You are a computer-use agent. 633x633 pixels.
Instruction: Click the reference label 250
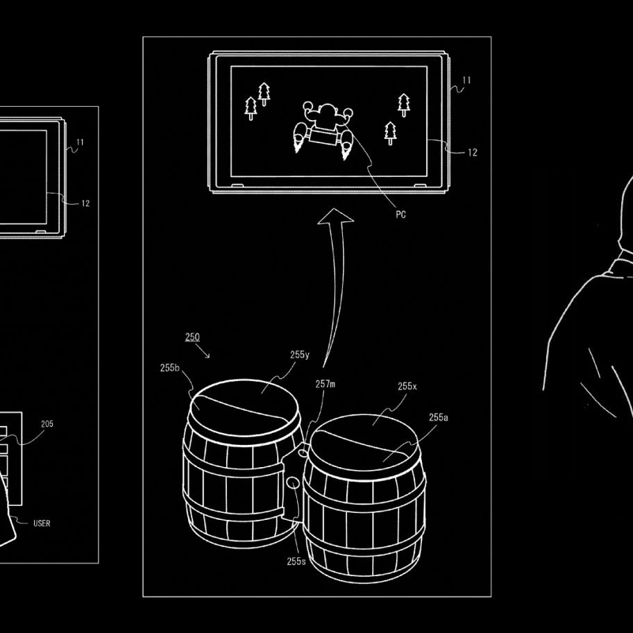[x=192, y=337]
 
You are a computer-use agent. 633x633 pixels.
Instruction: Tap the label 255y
[x=300, y=355]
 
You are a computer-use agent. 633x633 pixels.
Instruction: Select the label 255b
[x=169, y=368]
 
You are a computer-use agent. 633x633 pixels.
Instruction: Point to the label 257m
[x=325, y=384]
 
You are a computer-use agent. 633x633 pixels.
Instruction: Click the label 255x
[x=407, y=387]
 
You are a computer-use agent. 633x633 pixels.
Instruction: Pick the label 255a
[x=439, y=417]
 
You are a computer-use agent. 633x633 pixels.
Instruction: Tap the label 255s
[x=296, y=561]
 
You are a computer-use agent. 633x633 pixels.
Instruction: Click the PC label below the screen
[x=400, y=214]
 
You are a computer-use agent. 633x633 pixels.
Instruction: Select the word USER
[x=42, y=523]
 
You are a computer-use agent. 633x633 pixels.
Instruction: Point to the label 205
[x=47, y=424]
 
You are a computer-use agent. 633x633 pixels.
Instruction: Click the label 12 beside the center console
[x=473, y=153]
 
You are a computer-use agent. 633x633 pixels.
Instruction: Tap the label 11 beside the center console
[x=466, y=81]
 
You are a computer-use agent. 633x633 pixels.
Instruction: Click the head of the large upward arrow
[x=335, y=216]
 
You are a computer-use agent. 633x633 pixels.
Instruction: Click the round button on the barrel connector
[x=293, y=482]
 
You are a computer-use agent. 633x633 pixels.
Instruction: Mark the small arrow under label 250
[x=203, y=351]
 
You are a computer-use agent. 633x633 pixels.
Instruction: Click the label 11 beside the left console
[x=80, y=142]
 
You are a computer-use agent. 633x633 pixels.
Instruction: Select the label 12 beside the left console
[x=85, y=203]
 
